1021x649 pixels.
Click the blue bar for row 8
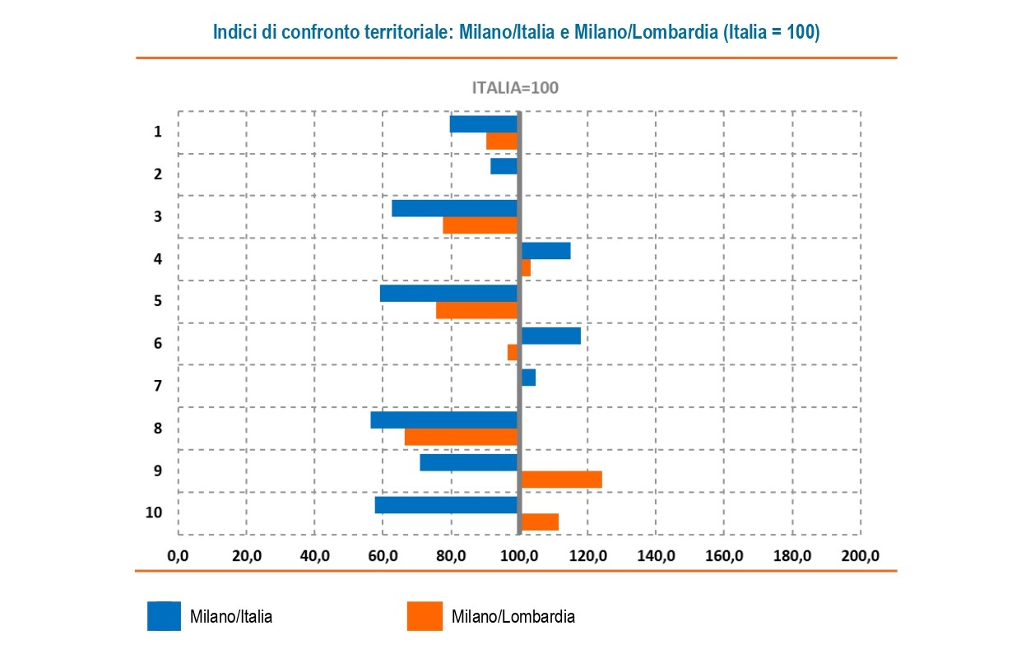click(x=444, y=420)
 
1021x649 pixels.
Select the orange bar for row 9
click(x=562, y=479)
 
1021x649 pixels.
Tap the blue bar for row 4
click(x=546, y=251)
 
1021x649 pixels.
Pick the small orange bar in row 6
click(x=513, y=352)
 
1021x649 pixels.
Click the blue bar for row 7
click(x=529, y=378)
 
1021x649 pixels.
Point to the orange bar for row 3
click(x=480, y=225)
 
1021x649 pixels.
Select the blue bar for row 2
click(x=504, y=166)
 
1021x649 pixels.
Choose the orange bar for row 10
click(x=541, y=522)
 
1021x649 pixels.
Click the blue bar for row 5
click(x=449, y=293)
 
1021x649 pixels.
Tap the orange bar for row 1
click(x=502, y=141)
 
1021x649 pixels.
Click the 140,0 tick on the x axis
click(x=656, y=556)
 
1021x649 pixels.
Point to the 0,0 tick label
click(x=179, y=556)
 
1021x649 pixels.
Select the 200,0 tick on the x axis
click(x=861, y=556)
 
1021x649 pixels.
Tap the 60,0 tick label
click(x=383, y=556)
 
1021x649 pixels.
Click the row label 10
click(x=154, y=512)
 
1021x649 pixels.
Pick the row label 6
click(x=157, y=343)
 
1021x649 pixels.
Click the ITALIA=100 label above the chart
click(x=515, y=88)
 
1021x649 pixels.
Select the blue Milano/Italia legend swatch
click(x=164, y=616)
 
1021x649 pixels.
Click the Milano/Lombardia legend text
click(x=513, y=616)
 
